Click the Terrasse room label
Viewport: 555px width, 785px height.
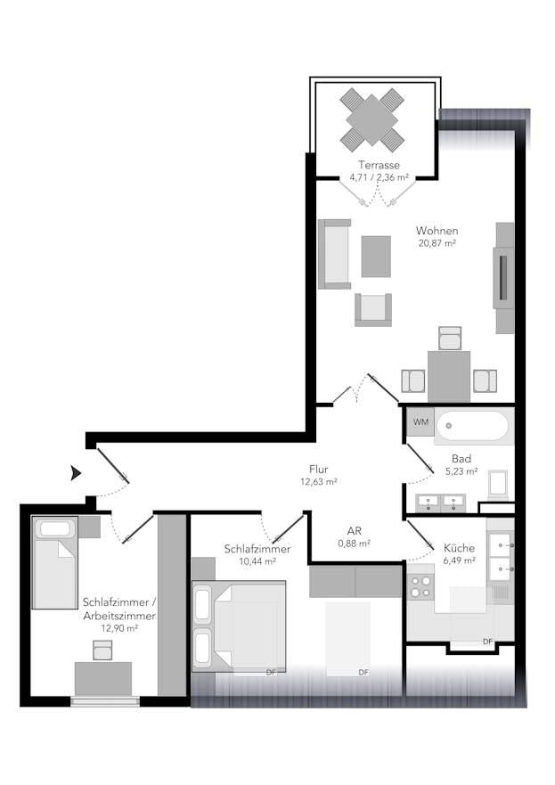379,165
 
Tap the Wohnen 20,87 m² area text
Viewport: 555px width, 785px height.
437,243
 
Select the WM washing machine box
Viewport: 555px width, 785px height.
420,422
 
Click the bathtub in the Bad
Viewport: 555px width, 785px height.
473,427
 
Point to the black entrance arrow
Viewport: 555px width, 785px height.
76,473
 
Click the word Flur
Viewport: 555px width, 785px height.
318,470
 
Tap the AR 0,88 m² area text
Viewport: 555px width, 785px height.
354,544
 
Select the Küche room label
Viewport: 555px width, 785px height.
459,548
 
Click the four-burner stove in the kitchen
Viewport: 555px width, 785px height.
420,587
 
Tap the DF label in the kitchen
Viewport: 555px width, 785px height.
487,642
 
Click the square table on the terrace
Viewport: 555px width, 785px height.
371,120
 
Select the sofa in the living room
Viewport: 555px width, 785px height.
334,254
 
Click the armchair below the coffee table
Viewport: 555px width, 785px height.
373,310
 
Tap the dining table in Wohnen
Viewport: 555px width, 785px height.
449,377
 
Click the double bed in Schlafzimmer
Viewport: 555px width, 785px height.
239,626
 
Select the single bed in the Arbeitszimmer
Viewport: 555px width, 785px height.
55,563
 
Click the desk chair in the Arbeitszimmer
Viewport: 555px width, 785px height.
102,650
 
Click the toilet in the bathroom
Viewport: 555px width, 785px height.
498,484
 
